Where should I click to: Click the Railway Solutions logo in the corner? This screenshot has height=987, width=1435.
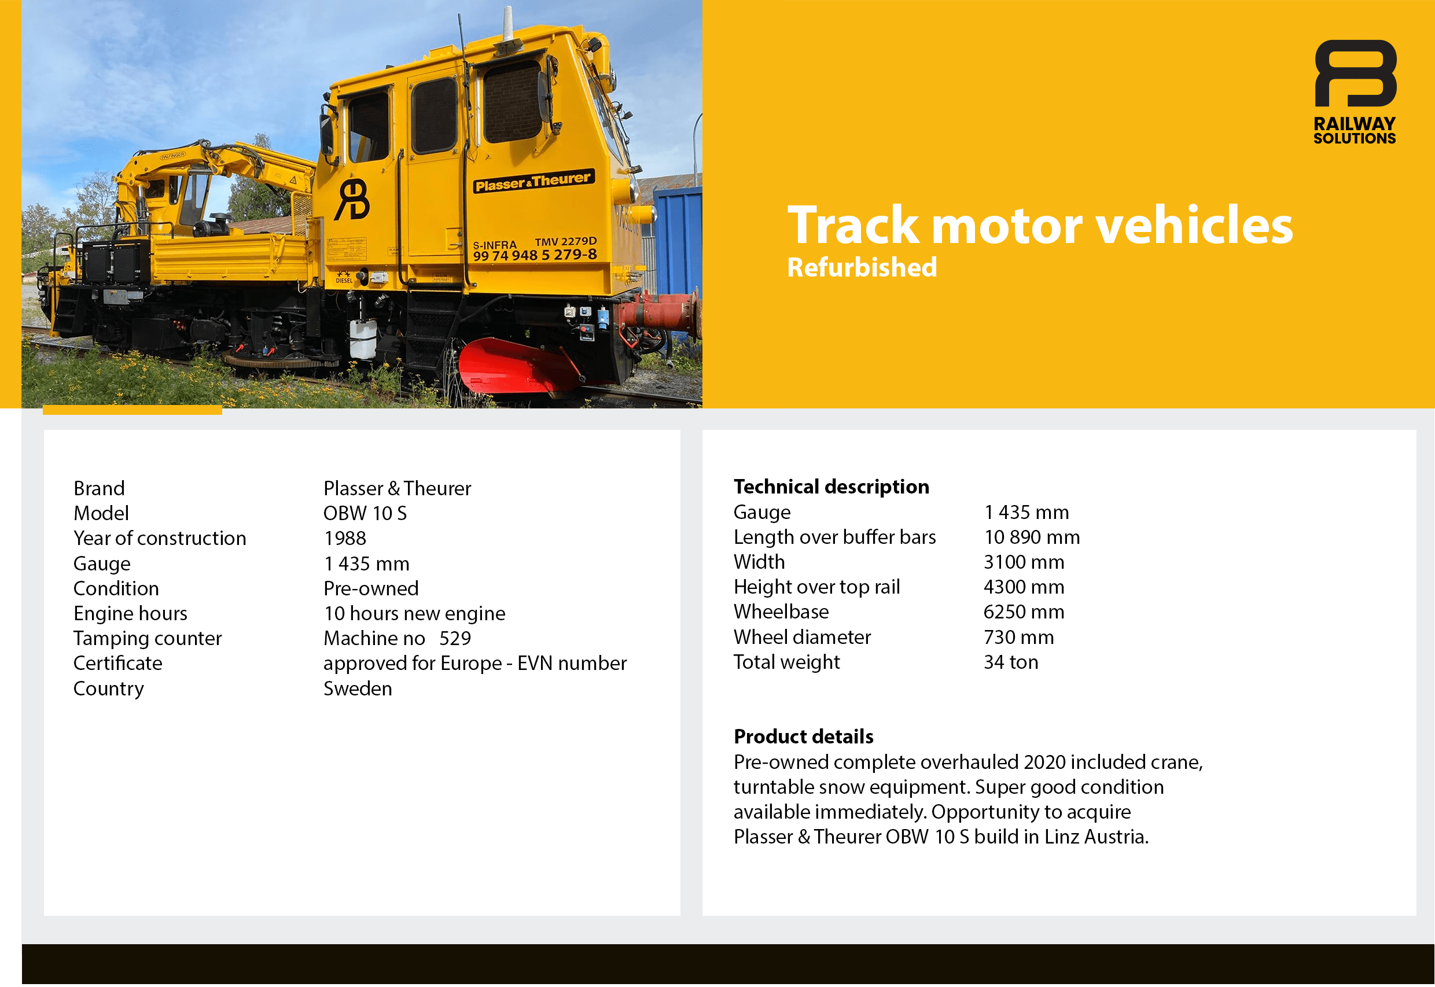pyautogui.click(x=1355, y=92)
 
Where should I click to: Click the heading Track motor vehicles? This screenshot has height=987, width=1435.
pyautogui.click(x=1040, y=224)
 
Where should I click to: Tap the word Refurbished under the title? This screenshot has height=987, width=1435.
pyautogui.click(x=862, y=268)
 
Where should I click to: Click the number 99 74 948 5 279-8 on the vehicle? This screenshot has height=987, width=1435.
pyautogui.click(x=535, y=254)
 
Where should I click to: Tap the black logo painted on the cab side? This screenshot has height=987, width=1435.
pyautogui.click(x=352, y=199)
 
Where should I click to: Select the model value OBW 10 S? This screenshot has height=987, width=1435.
pyautogui.click(x=365, y=513)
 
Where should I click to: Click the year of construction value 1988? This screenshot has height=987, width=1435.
pyautogui.click(x=344, y=538)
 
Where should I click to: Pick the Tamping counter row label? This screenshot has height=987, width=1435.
pyautogui.click(x=147, y=638)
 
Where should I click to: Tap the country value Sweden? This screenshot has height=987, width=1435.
pyautogui.click(x=358, y=688)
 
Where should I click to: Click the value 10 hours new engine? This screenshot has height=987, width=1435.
pyautogui.click(x=414, y=613)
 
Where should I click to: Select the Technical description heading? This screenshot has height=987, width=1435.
pyautogui.click(x=831, y=487)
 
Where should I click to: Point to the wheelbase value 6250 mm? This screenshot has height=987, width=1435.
pyautogui.click(x=1024, y=612)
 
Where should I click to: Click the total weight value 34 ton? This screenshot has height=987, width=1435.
pyautogui.click(x=1011, y=662)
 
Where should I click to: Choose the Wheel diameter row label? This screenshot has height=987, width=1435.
pyautogui.click(x=802, y=637)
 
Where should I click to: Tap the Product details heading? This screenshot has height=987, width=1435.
pyautogui.click(x=804, y=736)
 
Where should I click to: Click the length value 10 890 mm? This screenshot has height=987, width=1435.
pyautogui.click(x=1032, y=537)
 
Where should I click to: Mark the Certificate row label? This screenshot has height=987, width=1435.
pyautogui.click(x=117, y=663)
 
